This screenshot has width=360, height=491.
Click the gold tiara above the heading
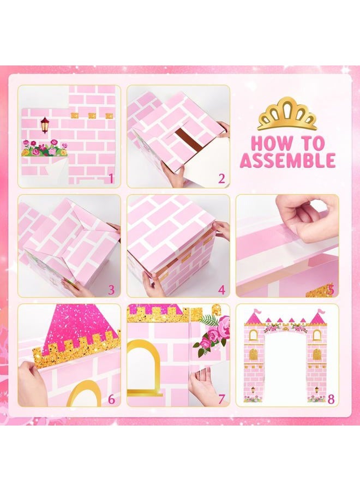tap(287, 114)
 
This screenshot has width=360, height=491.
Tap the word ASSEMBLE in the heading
tap(287, 160)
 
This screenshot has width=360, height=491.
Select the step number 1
tap(111, 179)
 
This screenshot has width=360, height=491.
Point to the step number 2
tap(221, 179)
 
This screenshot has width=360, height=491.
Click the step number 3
tap(111, 290)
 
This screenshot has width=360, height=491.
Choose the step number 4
tap(221, 290)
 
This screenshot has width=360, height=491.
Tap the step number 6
tap(111, 399)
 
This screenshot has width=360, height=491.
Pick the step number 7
tap(221, 399)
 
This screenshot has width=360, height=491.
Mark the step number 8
tap(331, 399)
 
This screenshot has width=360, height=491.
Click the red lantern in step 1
tap(45, 124)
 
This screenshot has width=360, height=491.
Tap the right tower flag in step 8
tap(321, 312)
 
